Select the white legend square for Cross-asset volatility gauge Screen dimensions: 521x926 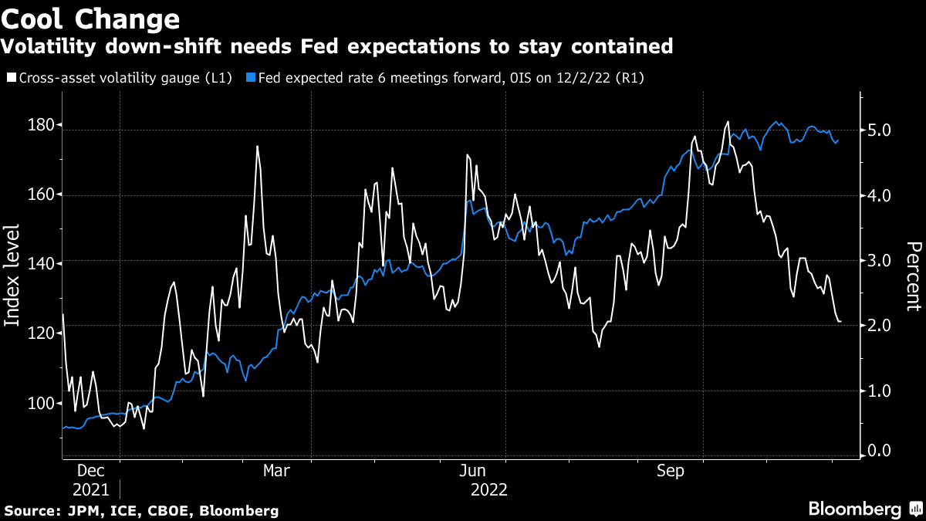pyautogui.click(x=11, y=77)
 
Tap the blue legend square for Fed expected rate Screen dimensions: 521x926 pyautogui.click(x=251, y=77)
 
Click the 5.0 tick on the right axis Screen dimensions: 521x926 pyautogui.click(x=880, y=130)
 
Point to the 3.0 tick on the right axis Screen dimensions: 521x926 pyautogui.click(x=880, y=261)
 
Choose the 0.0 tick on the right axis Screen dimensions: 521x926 pyautogui.click(x=880, y=451)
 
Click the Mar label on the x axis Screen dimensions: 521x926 pyautogui.click(x=276, y=472)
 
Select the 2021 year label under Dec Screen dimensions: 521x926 pyautogui.click(x=92, y=489)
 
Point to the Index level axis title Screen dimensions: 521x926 pyautogui.click(x=13, y=275)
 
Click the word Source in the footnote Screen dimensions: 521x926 pyautogui.click(x=28, y=511)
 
